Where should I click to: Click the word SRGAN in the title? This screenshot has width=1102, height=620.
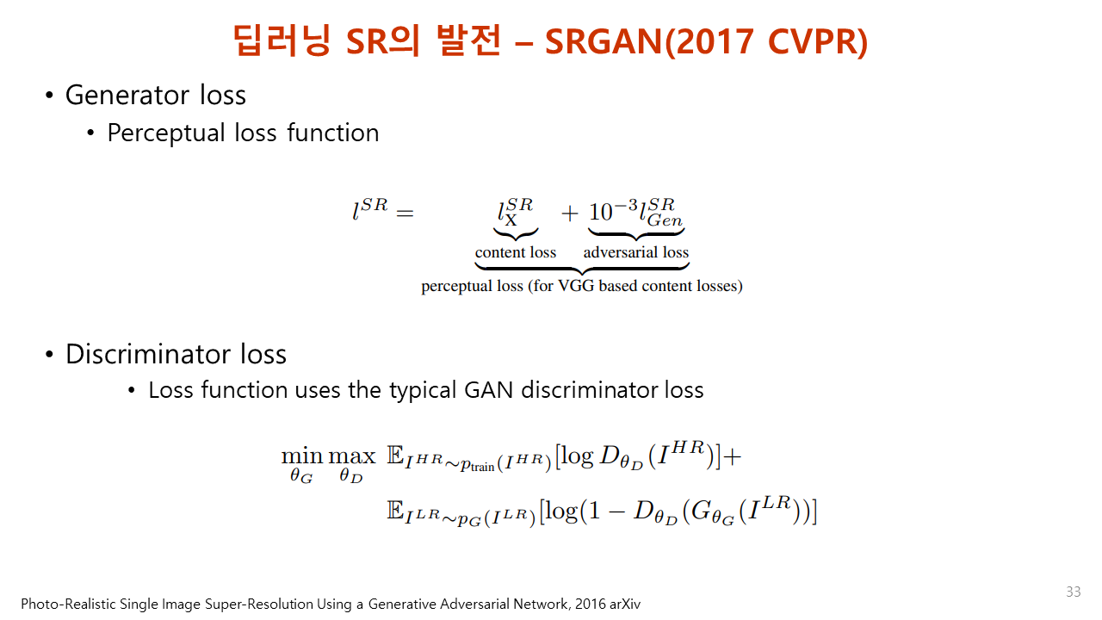pos(604,41)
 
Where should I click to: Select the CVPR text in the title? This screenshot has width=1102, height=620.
pos(813,41)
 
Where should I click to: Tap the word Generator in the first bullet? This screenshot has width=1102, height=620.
pos(127,95)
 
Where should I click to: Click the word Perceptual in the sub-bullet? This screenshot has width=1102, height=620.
pos(166,133)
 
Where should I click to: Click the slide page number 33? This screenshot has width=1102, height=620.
pos(1073,591)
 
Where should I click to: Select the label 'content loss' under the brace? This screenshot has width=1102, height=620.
pos(515,252)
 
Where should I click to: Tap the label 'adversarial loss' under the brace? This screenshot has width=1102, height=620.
pos(635,252)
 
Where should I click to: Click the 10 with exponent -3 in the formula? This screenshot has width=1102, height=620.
pos(613,211)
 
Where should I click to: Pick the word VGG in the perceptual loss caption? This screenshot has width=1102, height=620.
pos(576,286)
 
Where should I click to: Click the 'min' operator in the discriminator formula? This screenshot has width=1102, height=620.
pos(301,456)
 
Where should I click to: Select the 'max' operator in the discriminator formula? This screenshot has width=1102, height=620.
pos(351,456)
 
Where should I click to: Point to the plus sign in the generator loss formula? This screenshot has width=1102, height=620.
pos(569,214)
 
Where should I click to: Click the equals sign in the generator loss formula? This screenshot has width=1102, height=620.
pos(405,214)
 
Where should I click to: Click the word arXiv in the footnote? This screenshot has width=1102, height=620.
pos(625,604)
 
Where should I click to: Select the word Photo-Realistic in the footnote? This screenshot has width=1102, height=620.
pos(68,604)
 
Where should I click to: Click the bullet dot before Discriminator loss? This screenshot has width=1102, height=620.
pos(49,354)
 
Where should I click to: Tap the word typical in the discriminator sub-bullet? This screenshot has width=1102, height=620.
pos(423,391)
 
